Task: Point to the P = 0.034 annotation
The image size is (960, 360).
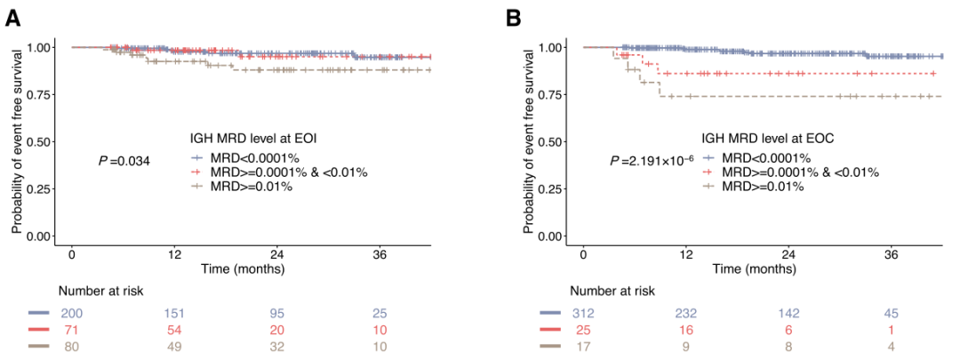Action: tap(124, 161)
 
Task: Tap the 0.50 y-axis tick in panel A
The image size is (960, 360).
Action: tap(36, 141)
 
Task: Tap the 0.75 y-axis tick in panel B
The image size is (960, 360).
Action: tap(548, 94)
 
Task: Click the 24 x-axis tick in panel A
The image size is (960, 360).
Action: tap(276, 253)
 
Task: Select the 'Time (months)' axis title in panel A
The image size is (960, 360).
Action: tap(242, 268)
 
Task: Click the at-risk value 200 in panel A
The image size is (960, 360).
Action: tap(71, 313)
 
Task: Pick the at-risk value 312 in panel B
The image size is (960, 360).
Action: tap(583, 313)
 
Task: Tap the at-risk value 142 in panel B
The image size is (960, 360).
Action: tap(788, 313)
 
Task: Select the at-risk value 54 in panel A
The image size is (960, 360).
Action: tap(174, 329)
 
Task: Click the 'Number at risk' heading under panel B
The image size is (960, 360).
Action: tap(613, 291)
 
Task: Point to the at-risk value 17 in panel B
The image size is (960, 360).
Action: tap(583, 345)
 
